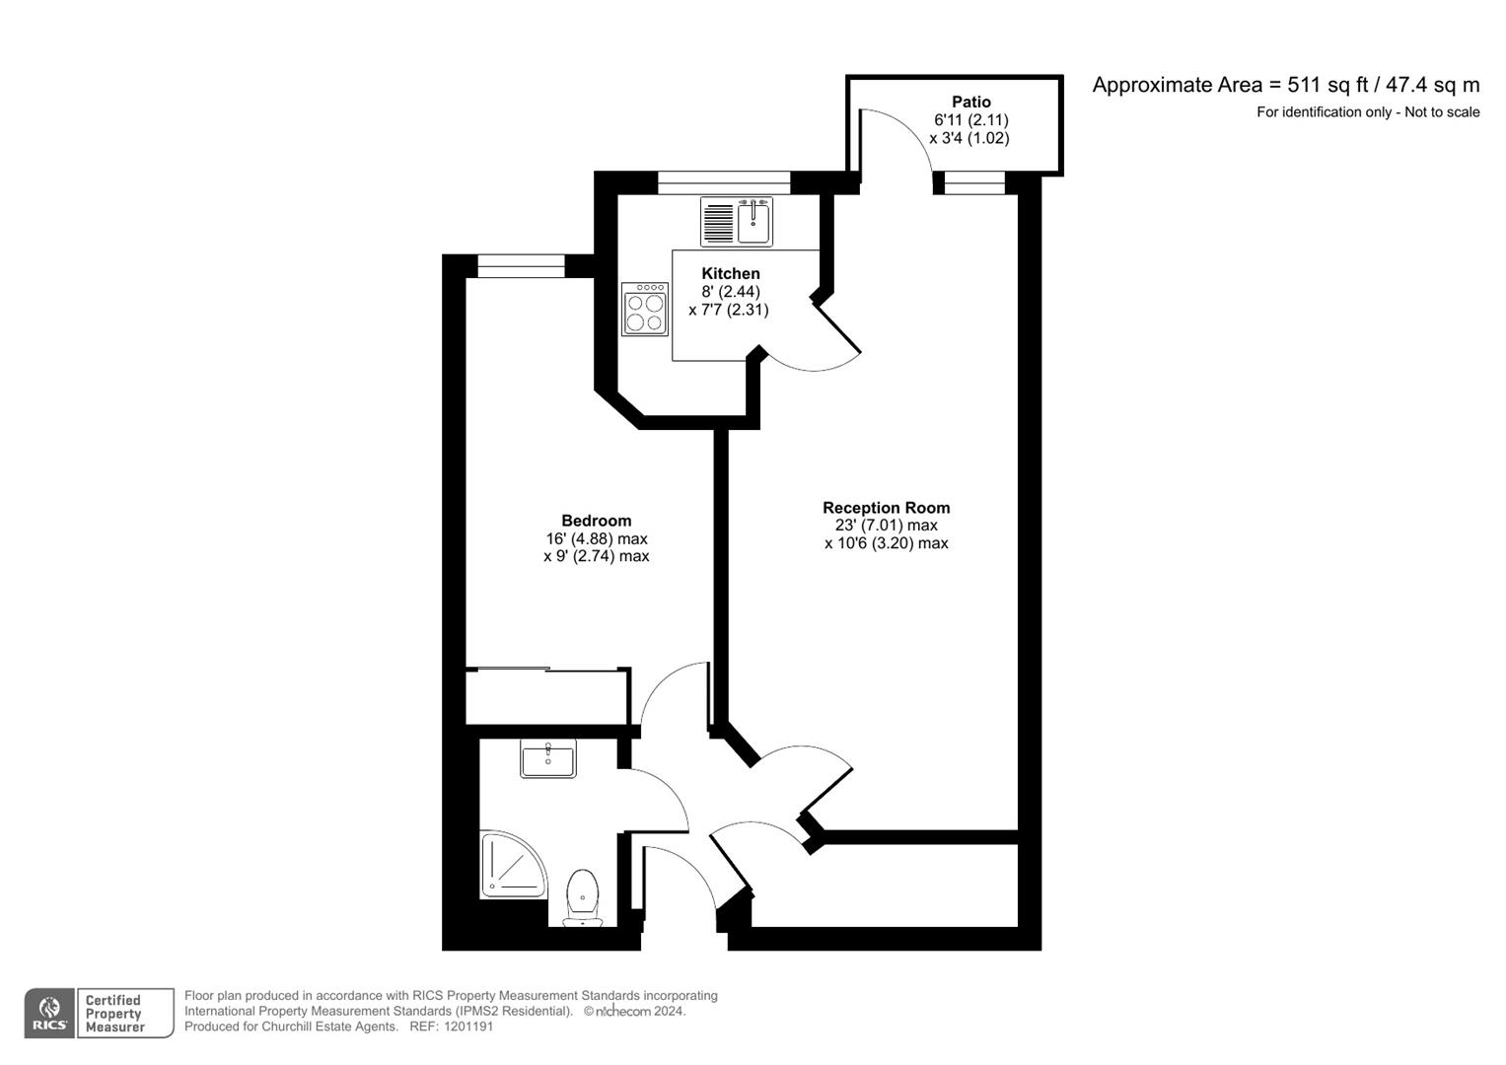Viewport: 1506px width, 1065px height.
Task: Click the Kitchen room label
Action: [x=730, y=273]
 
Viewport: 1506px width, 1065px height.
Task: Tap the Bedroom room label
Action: [x=596, y=521]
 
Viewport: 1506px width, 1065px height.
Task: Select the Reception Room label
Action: [x=886, y=508]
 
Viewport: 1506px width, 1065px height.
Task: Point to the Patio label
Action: [x=970, y=102]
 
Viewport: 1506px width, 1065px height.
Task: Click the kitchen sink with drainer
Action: [x=737, y=221]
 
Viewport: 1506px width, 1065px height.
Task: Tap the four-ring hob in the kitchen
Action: [x=645, y=309]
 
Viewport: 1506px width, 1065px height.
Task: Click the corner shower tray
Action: [x=511, y=866]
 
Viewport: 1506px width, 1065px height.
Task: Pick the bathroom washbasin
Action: [x=548, y=760]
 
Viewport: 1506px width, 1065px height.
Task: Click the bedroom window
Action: [x=521, y=265]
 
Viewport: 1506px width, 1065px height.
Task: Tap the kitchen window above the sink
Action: [x=724, y=181]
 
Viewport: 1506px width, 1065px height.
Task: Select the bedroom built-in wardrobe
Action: [x=546, y=697]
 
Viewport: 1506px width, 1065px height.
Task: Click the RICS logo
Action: [x=48, y=1014]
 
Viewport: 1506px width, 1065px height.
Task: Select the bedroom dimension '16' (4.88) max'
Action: [x=596, y=538]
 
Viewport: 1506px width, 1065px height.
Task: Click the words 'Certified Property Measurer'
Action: [x=114, y=1014]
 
